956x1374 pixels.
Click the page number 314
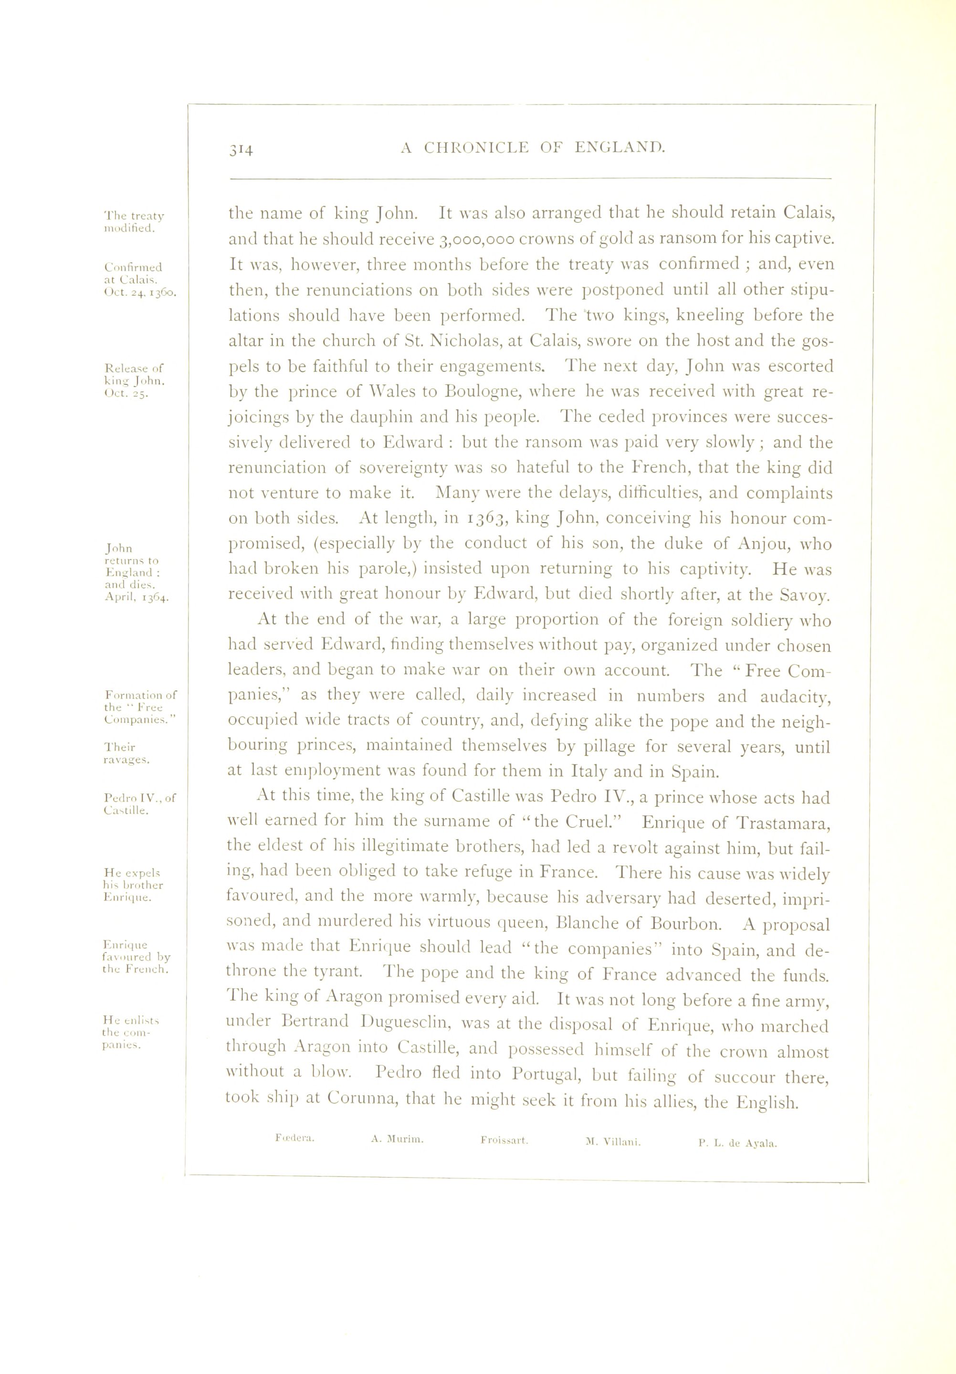click(241, 149)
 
